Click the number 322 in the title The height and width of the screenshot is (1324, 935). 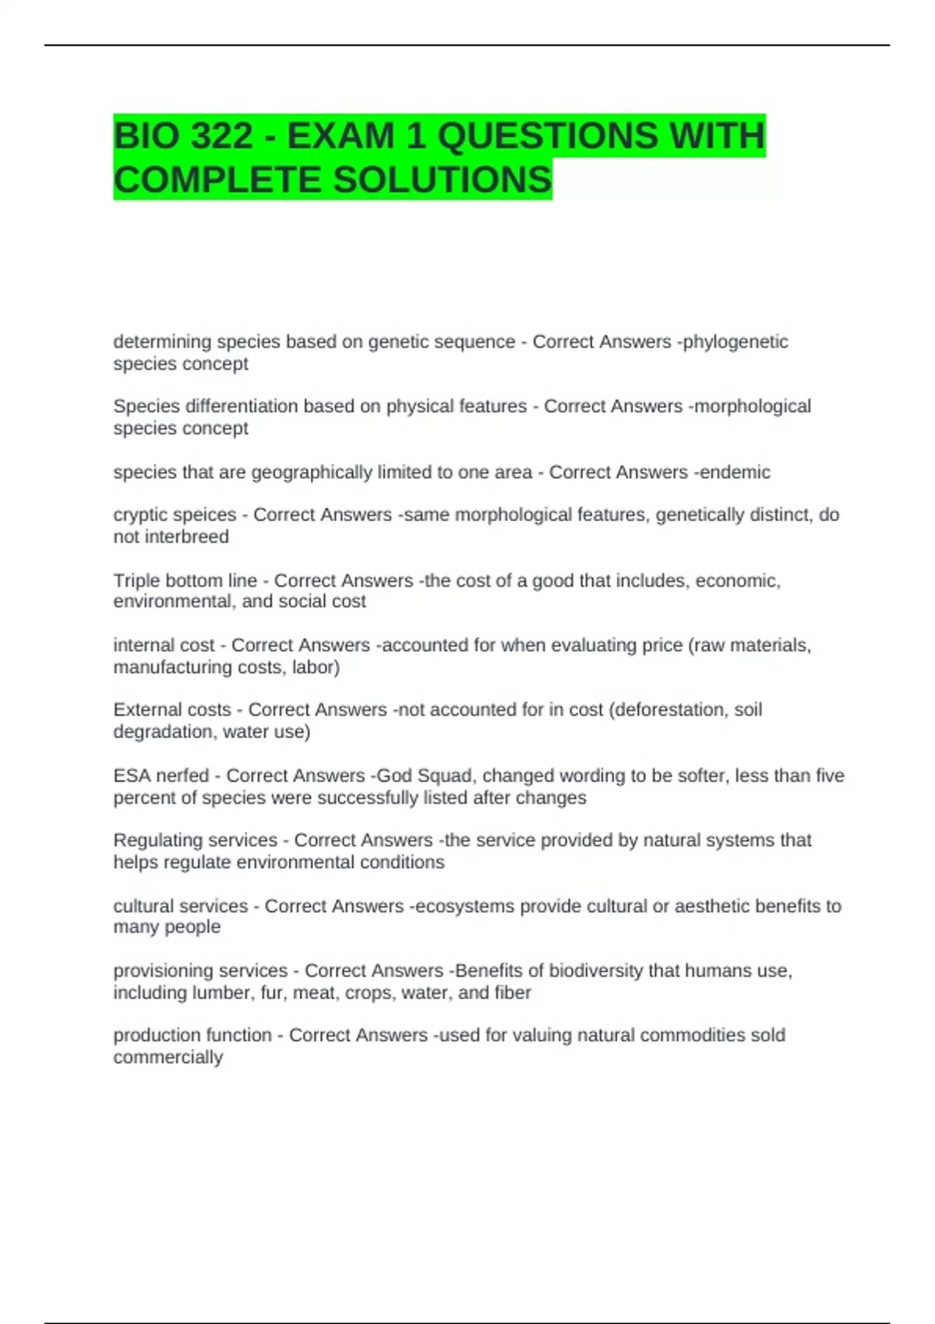pyautogui.click(x=221, y=136)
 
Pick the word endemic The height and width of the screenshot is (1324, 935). pyautogui.click(x=734, y=472)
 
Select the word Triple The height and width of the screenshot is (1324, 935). pyautogui.click(x=136, y=580)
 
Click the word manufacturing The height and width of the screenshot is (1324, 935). pyautogui.click(x=174, y=667)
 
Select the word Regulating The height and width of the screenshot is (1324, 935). pyautogui.click(x=157, y=840)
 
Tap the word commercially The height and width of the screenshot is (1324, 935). pyautogui.click(x=168, y=1057)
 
